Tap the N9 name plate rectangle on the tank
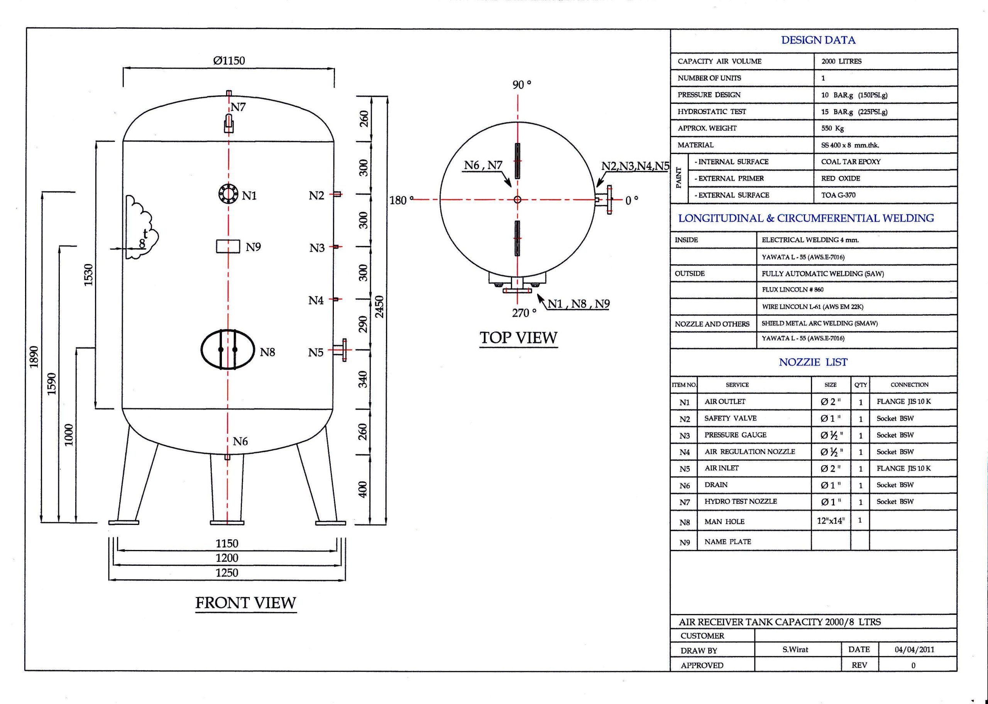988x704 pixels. (228, 246)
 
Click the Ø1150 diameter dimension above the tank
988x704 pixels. (229, 61)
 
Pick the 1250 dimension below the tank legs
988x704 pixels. (227, 573)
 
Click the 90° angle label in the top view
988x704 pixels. (521, 85)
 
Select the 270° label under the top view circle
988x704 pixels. (524, 313)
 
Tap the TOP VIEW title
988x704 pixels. (518, 338)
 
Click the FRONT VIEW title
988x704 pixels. (246, 602)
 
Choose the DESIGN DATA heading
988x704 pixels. (818, 40)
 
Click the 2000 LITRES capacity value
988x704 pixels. (841, 61)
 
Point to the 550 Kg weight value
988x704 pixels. (832, 128)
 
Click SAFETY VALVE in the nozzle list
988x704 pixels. (730, 418)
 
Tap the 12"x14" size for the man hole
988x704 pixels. (830, 521)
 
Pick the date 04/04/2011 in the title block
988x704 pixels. (914, 649)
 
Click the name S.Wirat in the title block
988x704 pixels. (795, 649)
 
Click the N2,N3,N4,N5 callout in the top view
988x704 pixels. (635, 166)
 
